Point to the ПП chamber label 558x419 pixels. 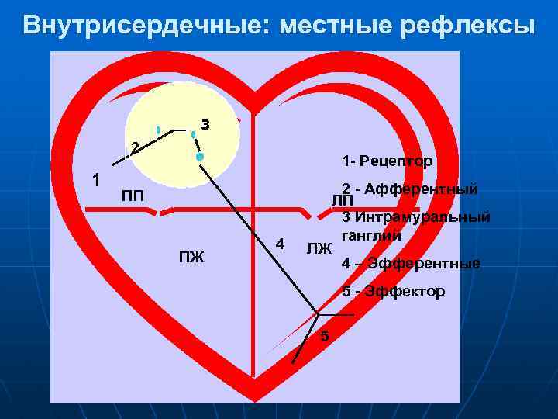click(133, 193)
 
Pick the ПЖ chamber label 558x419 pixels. click(191, 257)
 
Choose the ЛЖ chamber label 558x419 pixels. click(319, 249)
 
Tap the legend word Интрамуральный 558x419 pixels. click(423, 217)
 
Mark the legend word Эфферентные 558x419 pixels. click(424, 264)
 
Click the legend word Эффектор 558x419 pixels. click(405, 292)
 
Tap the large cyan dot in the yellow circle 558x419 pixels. click(200, 157)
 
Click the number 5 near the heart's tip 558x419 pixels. click(325, 336)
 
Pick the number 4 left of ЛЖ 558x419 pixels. click(281, 244)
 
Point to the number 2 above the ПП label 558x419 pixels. click(134, 147)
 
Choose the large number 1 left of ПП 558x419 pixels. click(95, 180)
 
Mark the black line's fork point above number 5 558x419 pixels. click(317, 314)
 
